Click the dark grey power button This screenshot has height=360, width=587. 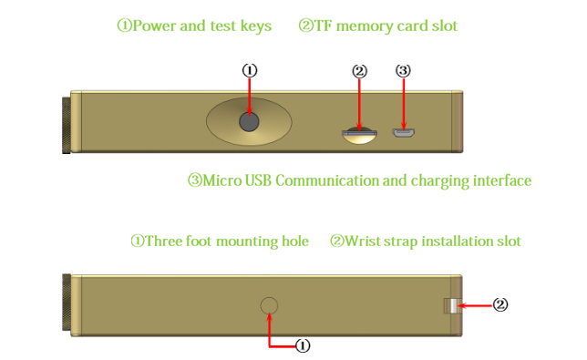[x=249, y=121]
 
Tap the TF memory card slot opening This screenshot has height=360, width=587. [x=359, y=133]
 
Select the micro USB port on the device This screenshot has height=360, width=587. [x=404, y=132]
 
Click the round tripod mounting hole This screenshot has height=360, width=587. [x=269, y=305]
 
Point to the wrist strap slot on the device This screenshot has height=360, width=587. [x=451, y=305]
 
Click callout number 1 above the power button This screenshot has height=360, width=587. [x=250, y=70]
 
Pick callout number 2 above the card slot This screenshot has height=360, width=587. [x=359, y=71]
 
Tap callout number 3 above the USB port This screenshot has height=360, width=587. [x=403, y=70]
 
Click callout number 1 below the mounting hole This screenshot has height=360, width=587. [x=303, y=345]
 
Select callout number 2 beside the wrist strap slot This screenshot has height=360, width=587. [x=500, y=304]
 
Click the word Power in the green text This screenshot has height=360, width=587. [x=154, y=26]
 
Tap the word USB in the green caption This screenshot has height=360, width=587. [x=258, y=180]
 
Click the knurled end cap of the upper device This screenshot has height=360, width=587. [x=66, y=125]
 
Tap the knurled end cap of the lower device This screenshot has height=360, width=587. [x=67, y=303]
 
